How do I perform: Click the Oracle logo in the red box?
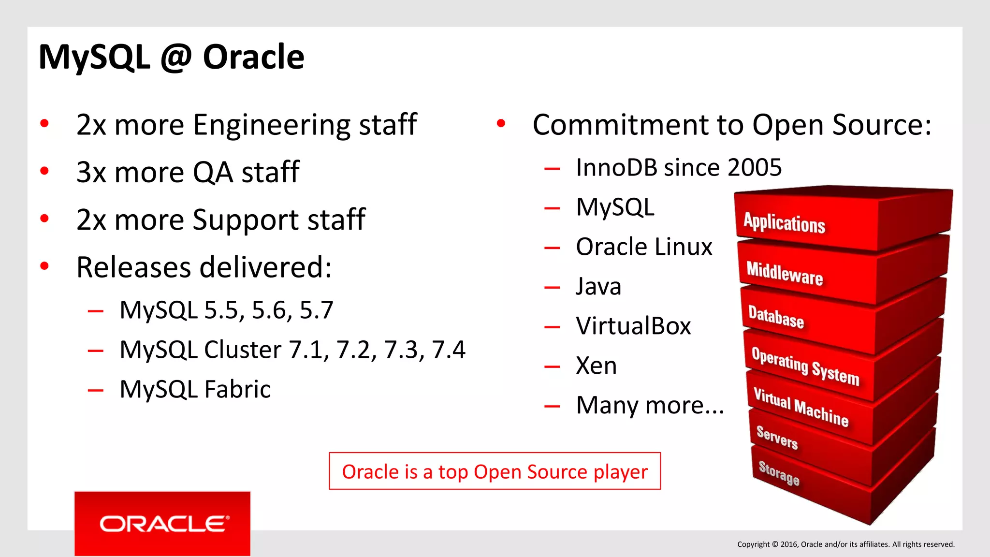tap(163, 524)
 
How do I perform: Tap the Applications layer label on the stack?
tap(784, 223)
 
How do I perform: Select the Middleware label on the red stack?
tap(784, 274)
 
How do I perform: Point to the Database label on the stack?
tap(776, 317)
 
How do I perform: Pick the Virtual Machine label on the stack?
tap(801, 408)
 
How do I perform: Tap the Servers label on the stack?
tap(777, 437)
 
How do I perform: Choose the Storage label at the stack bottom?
tap(779, 473)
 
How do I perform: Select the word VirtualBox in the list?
tap(633, 326)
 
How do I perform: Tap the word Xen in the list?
tap(596, 366)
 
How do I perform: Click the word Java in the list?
tap(598, 286)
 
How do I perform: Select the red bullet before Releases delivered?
tap(44, 266)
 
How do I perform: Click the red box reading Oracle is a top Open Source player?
tap(495, 471)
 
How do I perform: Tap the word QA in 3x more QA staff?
tap(213, 172)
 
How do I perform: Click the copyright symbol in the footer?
tap(775, 544)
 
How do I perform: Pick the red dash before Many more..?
tap(552, 406)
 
